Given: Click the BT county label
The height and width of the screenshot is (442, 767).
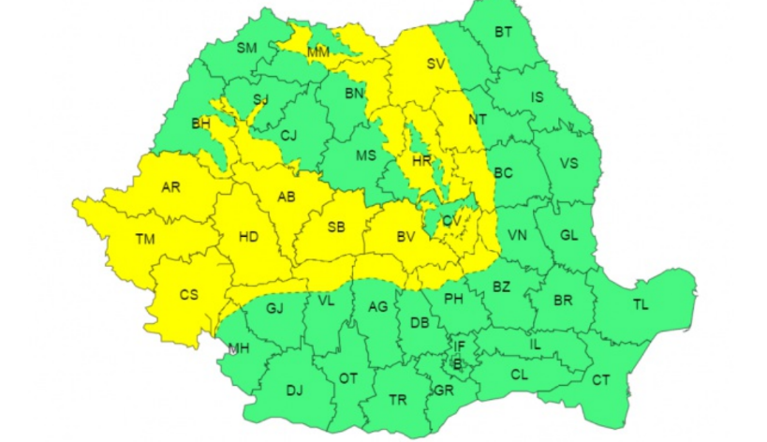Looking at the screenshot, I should (x=503, y=32).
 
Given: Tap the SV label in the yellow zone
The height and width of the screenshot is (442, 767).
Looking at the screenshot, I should (x=435, y=65).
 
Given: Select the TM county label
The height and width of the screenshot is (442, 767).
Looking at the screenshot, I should (x=144, y=240).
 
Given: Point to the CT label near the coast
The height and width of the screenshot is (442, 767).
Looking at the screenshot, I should (x=600, y=379).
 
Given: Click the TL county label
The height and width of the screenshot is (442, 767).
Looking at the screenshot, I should (x=640, y=305).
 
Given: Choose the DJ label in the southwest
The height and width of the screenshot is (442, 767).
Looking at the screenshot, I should (x=294, y=390).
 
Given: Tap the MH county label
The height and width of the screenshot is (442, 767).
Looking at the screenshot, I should (x=240, y=349).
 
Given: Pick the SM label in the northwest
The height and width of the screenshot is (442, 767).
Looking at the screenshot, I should (x=246, y=48).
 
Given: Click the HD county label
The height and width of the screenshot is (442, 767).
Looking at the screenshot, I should (x=248, y=237).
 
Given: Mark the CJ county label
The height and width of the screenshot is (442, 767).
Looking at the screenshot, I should (x=288, y=137).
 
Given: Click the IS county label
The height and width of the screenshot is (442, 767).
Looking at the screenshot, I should (x=537, y=96).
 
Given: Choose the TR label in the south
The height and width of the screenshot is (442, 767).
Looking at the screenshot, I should (x=398, y=400).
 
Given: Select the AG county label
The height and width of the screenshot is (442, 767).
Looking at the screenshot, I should (x=377, y=307).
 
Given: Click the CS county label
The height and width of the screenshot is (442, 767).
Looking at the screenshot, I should (x=189, y=295).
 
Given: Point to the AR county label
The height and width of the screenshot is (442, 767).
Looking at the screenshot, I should (x=170, y=187).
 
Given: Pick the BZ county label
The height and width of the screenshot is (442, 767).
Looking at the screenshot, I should (x=501, y=287).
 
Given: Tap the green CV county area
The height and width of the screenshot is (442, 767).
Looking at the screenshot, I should (x=438, y=221).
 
